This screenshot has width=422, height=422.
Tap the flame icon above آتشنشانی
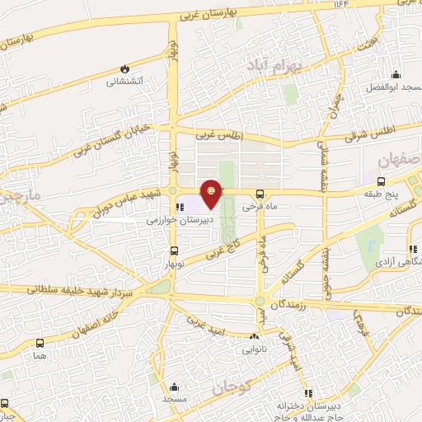(124, 68)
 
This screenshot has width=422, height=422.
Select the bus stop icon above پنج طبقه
(380, 181)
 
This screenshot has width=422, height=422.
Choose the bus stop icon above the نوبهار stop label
(173, 251)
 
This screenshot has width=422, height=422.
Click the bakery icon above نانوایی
(255, 336)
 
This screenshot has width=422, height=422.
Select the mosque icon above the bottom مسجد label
(174, 386)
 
